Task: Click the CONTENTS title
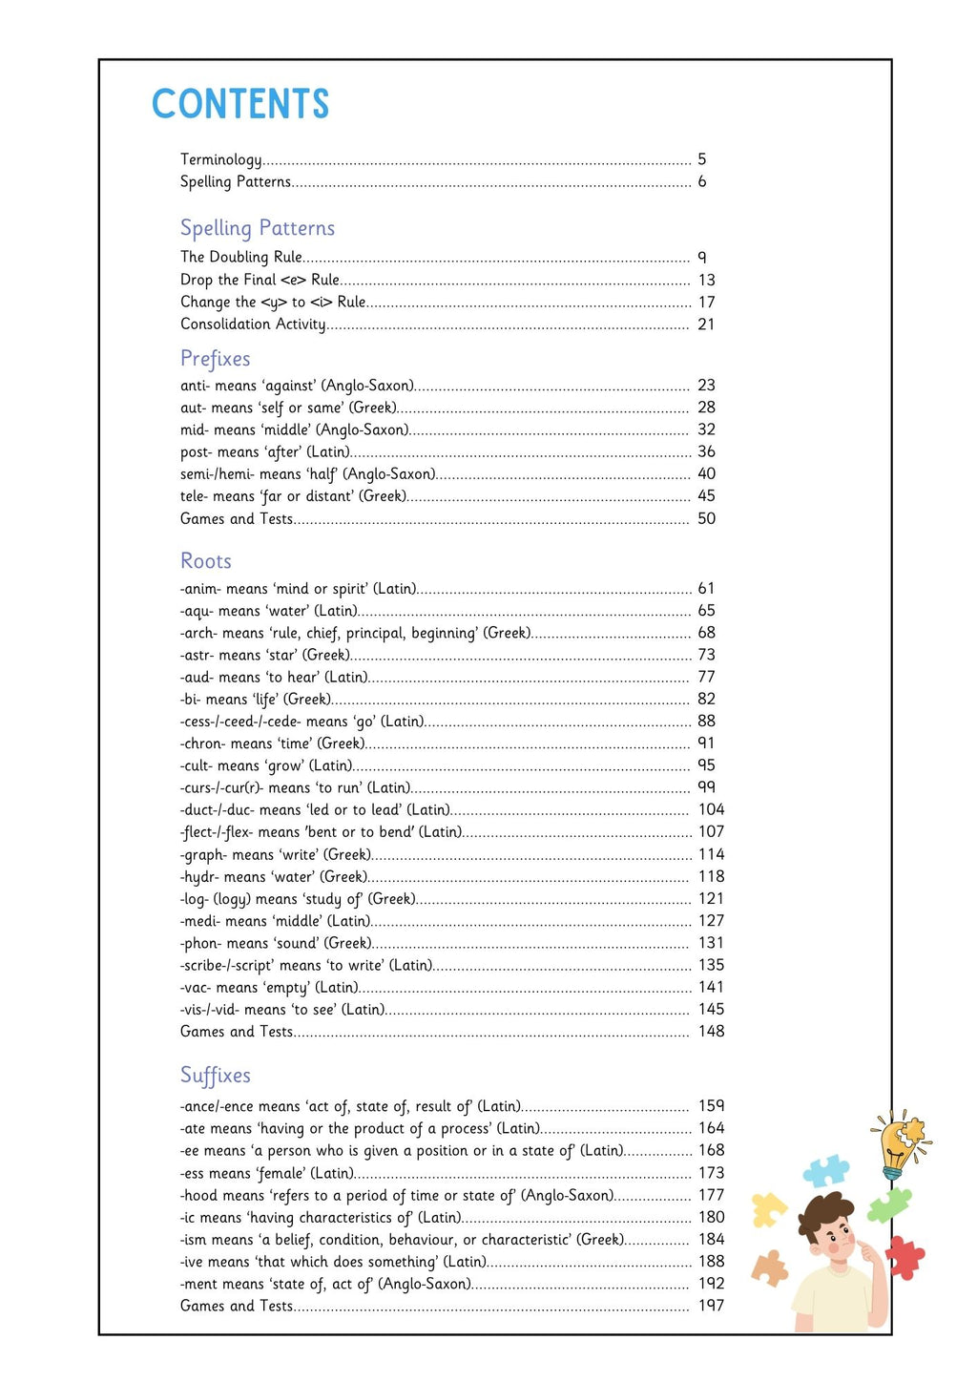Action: point(240,104)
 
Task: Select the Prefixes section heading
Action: point(216,359)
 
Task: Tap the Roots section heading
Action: point(206,561)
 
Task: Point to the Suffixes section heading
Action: point(216,1076)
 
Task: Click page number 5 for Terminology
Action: point(702,159)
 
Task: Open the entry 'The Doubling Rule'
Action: point(241,257)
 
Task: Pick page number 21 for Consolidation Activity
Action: point(706,325)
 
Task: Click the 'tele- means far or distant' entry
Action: point(293,496)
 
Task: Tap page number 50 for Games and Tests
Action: point(706,518)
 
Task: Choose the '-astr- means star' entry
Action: point(265,655)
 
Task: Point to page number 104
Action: point(711,809)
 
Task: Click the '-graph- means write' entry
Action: point(275,854)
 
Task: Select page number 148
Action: point(711,1031)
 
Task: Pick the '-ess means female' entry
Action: point(267,1173)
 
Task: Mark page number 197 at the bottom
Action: point(711,1305)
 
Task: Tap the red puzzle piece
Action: point(904,1257)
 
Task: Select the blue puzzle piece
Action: point(826,1170)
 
